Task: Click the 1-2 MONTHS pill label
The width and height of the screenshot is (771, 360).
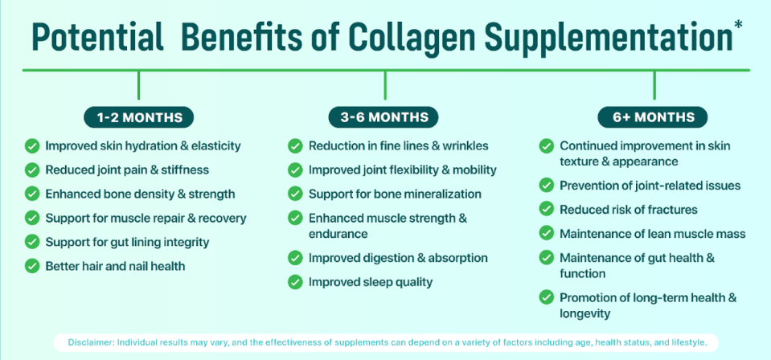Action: coord(139,117)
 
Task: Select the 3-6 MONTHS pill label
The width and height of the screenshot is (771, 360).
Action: coord(384,117)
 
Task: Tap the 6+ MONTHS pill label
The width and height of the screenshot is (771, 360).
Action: coord(653,117)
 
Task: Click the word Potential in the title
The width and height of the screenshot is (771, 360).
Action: coord(97,39)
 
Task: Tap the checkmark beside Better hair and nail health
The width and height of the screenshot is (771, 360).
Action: coord(32,266)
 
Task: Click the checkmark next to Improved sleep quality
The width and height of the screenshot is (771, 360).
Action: coord(296,282)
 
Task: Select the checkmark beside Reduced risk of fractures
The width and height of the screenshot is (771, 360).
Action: coord(547,210)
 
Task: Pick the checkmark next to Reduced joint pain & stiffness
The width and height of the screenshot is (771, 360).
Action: coord(32,170)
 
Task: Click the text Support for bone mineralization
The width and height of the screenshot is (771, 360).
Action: coord(395,194)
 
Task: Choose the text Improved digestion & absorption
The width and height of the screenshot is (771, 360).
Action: coord(398,258)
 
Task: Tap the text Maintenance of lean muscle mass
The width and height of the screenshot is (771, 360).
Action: coord(653,234)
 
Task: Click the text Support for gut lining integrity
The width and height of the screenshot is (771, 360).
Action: coord(127,242)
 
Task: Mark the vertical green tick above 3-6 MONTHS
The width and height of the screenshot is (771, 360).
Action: coord(384,85)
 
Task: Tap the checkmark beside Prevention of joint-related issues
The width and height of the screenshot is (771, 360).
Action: coord(547,186)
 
